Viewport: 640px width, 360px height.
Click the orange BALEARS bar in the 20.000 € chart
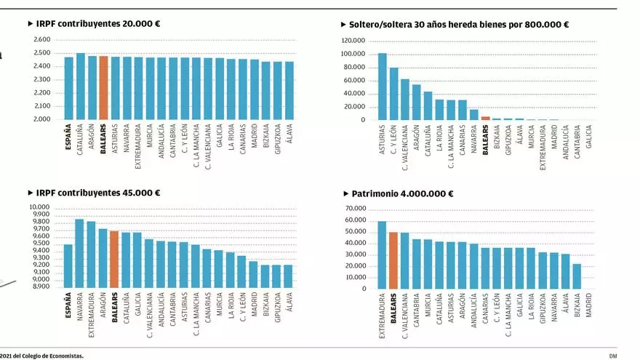point(103,87)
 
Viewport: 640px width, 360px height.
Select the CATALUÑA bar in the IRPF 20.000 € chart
point(80,86)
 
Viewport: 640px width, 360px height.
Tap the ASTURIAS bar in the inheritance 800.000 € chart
point(382,87)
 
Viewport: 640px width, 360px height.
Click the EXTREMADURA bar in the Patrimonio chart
point(382,255)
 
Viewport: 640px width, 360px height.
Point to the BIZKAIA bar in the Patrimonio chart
point(577,276)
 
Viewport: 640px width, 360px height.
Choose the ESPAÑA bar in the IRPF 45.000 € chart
point(68,265)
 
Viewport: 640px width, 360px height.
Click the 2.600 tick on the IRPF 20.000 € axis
point(42,40)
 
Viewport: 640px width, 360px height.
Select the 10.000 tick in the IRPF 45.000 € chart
point(40,207)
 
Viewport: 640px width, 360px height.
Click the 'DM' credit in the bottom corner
point(613,356)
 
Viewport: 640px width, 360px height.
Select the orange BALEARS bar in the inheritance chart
point(485,118)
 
